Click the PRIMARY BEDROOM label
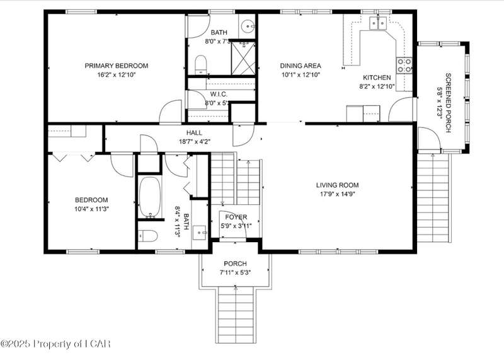[x=117, y=66]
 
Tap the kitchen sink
[x=377, y=23]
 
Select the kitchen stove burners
[x=404, y=66]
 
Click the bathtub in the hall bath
[x=150, y=197]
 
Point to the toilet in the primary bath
[x=201, y=65]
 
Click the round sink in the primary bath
[x=248, y=25]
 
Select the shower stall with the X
[x=243, y=58]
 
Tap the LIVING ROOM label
[x=337, y=185]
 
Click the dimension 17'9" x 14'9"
[x=337, y=194]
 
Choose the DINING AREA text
[x=301, y=66]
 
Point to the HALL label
[x=194, y=132]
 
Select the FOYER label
[x=236, y=217]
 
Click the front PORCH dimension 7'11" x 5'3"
[x=235, y=273]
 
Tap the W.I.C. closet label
[x=219, y=95]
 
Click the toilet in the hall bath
[x=148, y=236]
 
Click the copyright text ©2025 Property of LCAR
[x=55, y=344]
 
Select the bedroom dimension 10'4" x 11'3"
[x=91, y=209]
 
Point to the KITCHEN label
[x=377, y=78]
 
